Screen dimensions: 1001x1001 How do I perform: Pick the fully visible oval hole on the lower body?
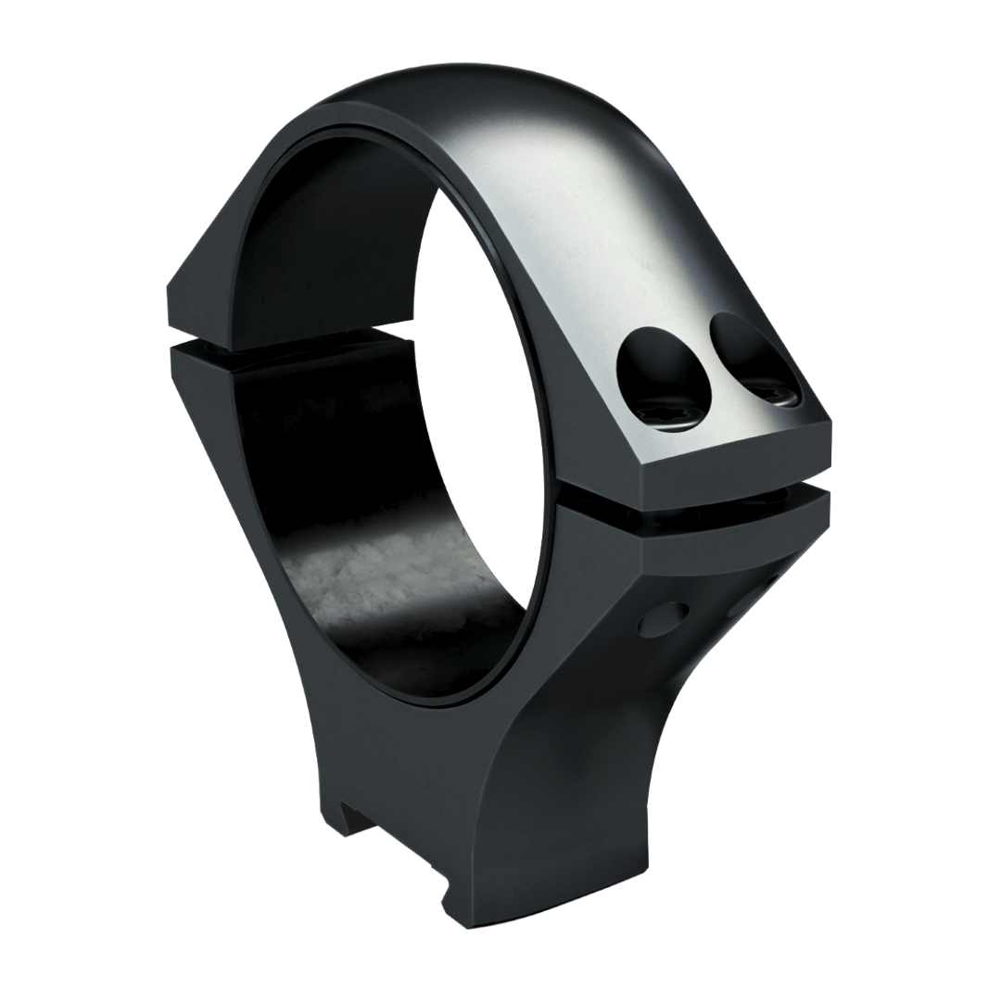point(665,618)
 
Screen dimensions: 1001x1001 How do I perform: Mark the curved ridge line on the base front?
point(519,741)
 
